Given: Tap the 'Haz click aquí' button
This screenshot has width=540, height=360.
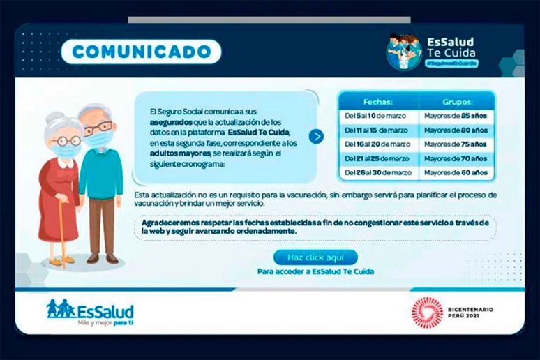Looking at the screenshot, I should tap(315, 257).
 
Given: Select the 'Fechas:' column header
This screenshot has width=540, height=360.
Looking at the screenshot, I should tap(377, 101).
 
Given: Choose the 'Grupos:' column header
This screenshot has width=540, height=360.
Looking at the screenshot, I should tap(458, 101).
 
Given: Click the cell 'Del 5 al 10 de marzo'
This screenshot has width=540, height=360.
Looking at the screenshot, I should tap(377, 115).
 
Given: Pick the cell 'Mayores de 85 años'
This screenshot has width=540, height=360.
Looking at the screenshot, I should tap(458, 115).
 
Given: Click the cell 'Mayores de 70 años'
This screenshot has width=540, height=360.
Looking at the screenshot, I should tap(458, 158).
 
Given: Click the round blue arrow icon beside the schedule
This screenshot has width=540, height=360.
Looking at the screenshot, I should tap(316, 136).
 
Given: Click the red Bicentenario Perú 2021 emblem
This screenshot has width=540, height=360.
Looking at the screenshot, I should tap(426, 311).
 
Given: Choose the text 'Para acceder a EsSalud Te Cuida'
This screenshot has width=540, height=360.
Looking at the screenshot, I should tap(315, 271).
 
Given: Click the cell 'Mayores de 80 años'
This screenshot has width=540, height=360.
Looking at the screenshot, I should tap(458, 130).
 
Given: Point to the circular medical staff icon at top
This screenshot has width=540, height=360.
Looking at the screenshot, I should tap(404, 51).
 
